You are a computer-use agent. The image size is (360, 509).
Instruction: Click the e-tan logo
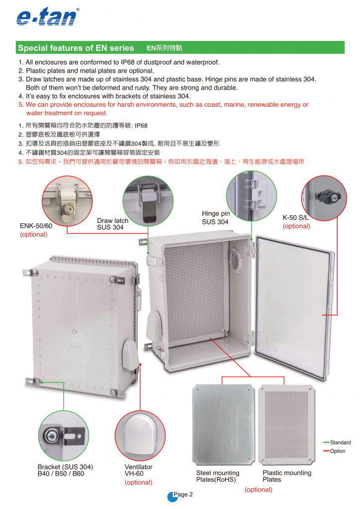point(48,16)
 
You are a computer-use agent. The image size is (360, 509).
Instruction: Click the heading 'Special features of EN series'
point(76,48)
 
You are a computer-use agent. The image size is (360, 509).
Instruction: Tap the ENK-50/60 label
point(36,226)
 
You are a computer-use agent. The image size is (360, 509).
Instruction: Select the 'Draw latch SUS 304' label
point(113,224)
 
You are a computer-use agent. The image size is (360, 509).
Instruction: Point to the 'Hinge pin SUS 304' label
point(216,218)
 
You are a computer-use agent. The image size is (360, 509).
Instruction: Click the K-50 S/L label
point(295,218)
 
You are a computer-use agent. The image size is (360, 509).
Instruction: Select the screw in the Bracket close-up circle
point(51,434)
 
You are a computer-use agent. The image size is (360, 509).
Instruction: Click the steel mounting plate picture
point(224,424)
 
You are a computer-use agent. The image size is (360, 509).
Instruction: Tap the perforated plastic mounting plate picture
point(286,425)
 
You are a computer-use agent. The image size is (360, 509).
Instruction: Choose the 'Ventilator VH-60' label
point(139,470)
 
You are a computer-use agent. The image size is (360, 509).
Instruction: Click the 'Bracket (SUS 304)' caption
point(65,467)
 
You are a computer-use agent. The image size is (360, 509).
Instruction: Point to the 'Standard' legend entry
point(340,442)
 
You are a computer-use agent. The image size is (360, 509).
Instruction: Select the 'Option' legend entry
point(338,451)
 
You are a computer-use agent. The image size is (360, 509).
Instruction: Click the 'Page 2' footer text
point(183,495)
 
